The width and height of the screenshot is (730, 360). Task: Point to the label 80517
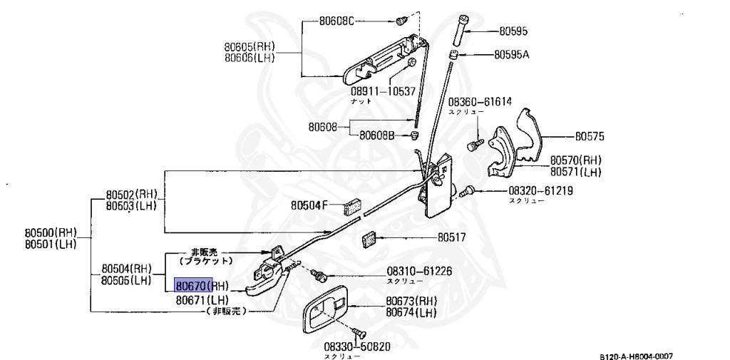tap(451, 237)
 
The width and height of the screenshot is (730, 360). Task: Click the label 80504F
tap(309, 205)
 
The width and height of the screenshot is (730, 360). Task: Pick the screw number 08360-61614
tap(480, 101)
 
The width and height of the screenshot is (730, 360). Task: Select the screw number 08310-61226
tap(419, 271)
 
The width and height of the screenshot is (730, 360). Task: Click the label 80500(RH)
tap(51, 233)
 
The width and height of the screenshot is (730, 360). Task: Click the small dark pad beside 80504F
tap(352, 207)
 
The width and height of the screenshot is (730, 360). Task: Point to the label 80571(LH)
tap(575, 172)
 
